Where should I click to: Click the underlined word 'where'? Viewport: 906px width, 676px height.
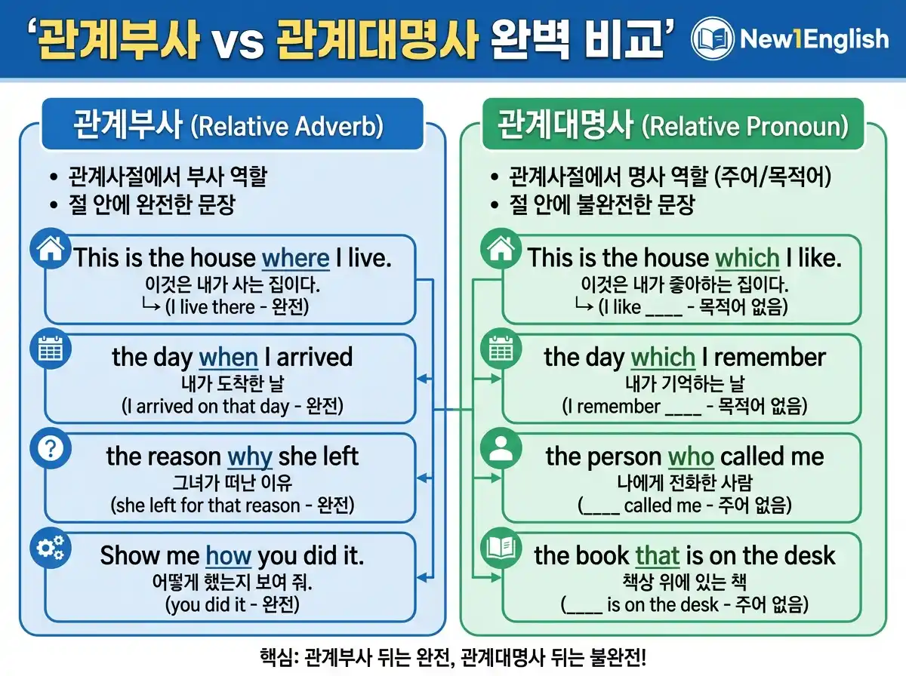295,258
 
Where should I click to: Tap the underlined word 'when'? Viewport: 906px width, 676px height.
228,357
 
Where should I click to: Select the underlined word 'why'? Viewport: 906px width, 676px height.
249,456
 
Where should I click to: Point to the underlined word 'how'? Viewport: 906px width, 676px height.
228,556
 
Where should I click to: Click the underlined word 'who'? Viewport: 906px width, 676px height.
691,456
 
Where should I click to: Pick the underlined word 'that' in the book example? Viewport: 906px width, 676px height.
657,556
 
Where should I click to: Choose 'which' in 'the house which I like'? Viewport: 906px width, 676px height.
747,258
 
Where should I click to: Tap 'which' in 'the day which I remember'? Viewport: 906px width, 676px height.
662,357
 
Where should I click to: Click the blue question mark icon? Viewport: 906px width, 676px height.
50,449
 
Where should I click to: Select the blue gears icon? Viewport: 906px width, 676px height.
50,548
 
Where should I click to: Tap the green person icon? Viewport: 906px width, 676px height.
500,449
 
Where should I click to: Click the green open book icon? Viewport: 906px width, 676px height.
500,548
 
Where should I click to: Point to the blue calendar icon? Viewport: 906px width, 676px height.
50,349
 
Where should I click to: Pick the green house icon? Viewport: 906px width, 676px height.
500,250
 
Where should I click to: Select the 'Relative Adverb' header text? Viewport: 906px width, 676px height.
287,127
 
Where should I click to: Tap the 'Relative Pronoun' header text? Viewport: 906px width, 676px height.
744,127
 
